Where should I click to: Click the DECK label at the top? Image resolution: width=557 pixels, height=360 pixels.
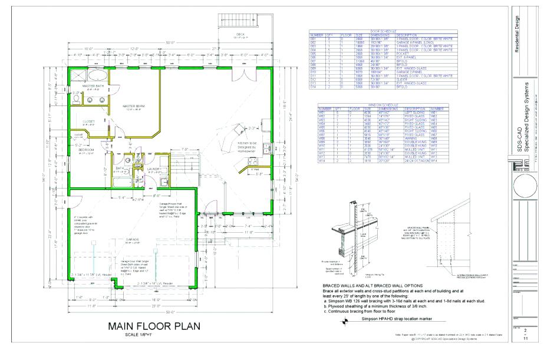point(240,35)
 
